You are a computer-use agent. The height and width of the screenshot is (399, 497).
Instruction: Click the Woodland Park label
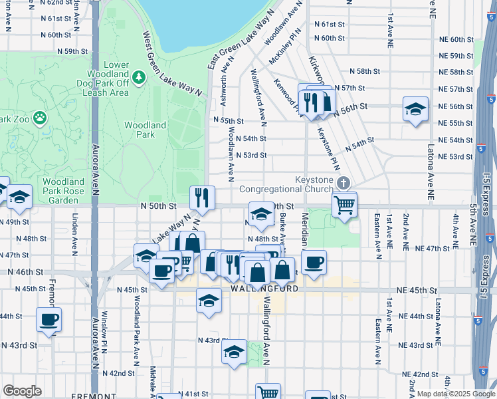tap(145, 130)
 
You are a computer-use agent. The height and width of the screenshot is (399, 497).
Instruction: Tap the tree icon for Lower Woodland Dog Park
tap(139, 77)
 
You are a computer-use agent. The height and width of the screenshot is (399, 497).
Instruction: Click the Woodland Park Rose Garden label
tap(64, 191)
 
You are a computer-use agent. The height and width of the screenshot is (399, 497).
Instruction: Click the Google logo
tap(22, 390)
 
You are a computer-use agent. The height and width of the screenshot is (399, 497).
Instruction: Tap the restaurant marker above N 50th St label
tap(202, 198)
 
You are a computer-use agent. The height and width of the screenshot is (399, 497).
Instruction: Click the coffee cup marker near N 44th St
tap(49, 319)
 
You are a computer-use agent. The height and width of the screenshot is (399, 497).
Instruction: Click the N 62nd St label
tap(56, 3)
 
